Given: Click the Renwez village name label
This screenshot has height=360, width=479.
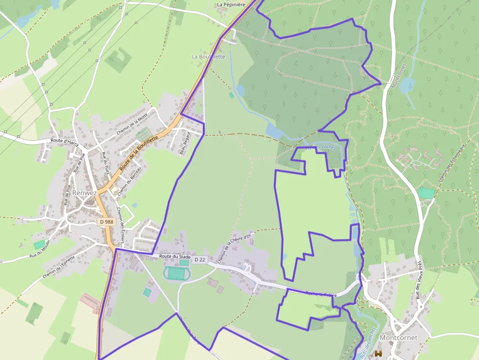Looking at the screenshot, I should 84,193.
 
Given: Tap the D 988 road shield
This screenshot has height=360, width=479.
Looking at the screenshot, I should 107,222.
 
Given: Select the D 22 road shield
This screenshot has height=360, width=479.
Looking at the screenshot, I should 199,260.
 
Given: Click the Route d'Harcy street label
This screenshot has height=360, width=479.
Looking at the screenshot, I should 65,142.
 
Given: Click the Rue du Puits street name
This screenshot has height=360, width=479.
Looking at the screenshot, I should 105,163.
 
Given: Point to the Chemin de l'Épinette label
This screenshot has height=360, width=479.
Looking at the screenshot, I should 59,267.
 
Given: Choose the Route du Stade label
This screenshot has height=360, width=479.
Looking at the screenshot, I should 174,256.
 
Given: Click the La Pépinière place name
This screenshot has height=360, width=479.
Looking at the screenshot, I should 230,5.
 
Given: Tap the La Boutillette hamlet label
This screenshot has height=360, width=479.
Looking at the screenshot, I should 208,57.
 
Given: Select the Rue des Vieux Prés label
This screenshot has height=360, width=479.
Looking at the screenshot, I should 418,279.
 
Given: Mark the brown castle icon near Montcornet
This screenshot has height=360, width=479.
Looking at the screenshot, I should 378,353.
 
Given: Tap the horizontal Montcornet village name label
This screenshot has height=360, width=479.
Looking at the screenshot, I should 399,338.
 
